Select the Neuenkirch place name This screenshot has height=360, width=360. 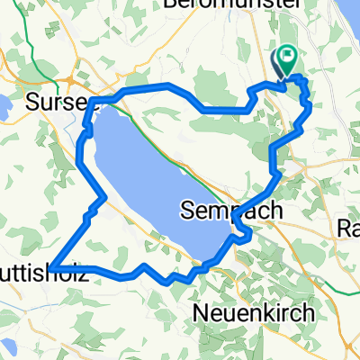coord(253,312)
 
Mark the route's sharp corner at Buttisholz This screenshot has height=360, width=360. coord(52,268)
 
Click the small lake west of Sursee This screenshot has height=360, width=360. coord(4,106)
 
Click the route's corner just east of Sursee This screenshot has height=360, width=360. coord(94,98)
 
